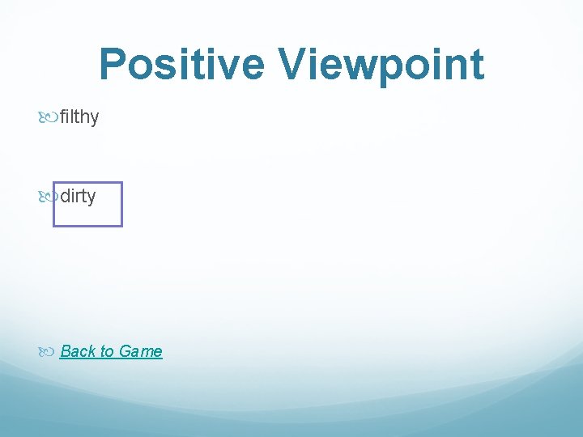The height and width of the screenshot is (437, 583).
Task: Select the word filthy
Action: pyautogui.click(x=79, y=117)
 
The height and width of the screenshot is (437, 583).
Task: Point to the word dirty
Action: pyautogui.click(x=78, y=196)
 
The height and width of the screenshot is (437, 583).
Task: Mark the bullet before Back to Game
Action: pyautogui.click(x=49, y=352)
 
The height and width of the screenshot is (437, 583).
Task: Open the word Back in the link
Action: pyautogui.click(x=78, y=351)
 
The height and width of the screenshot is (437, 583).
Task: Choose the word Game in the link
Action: pyautogui.click(x=140, y=351)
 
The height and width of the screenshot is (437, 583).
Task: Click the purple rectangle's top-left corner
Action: pyautogui.click(x=53, y=183)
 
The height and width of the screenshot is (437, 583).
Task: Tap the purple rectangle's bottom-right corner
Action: pyautogui.click(x=121, y=226)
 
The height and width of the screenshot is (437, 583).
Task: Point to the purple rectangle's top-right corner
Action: pyautogui.click(x=121, y=183)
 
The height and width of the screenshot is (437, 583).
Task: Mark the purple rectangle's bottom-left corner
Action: pyautogui.click(x=53, y=226)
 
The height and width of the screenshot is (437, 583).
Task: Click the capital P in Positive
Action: pyautogui.click(x=113, y=65)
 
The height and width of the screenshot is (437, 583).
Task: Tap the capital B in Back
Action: pyautogui.click(x=66, y=351)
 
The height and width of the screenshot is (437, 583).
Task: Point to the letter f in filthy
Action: pyautogui.click(x=63, y=117)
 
